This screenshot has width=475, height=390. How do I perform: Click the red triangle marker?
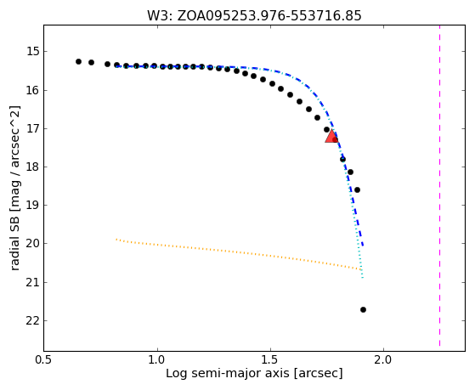click(331, 136)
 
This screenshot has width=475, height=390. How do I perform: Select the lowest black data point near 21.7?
click(363, 309)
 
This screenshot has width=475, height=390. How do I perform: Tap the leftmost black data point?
click(78, 61)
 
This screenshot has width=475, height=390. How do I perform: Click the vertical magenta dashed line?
click(439, 186)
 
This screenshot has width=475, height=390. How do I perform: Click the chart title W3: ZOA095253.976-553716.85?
click(254, 16)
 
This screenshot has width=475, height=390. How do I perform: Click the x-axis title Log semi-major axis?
click(227, 373)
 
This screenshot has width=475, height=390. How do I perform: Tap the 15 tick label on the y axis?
click(32, 51)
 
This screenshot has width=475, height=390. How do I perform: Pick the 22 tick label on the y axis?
click(32, 320)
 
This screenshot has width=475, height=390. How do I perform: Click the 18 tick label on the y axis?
click(32, 167)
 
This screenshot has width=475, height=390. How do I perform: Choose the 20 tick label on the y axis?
click(32, 243)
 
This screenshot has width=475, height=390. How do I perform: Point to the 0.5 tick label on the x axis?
click(44, 359)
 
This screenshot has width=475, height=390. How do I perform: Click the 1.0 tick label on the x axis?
click(157, 359)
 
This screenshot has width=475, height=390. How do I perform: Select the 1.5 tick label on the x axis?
click(270, 359)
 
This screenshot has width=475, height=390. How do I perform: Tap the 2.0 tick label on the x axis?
click(383, 359)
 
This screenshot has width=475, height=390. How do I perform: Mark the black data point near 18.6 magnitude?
click(357, 190)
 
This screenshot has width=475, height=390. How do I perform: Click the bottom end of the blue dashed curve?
click(363, 246)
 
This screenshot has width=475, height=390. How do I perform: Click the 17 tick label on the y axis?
click(32, 129)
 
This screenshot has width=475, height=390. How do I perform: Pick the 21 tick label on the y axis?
click(32, 282)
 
